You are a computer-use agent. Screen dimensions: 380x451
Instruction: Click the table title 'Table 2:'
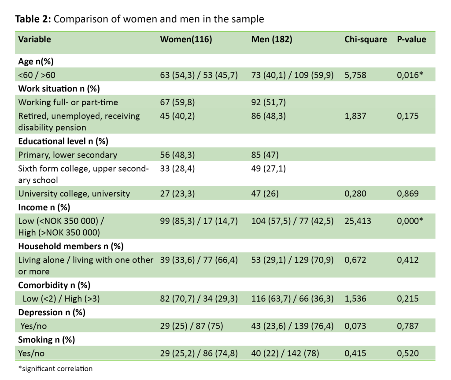(33, 19)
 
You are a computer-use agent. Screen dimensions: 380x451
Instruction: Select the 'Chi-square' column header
(365, 39)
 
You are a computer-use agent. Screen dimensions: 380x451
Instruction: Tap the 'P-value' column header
(411, 39)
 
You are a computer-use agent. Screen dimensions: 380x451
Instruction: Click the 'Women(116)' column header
(186, 39)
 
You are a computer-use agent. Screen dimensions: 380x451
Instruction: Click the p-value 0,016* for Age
(410, 75)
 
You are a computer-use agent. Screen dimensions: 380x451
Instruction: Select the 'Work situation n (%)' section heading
(59, 89)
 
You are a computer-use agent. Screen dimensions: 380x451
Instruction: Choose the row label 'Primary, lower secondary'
(68, 155)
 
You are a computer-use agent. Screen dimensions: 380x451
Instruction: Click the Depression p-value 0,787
(408, 326)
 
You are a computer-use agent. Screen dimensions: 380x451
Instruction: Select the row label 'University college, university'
(74, 193)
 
